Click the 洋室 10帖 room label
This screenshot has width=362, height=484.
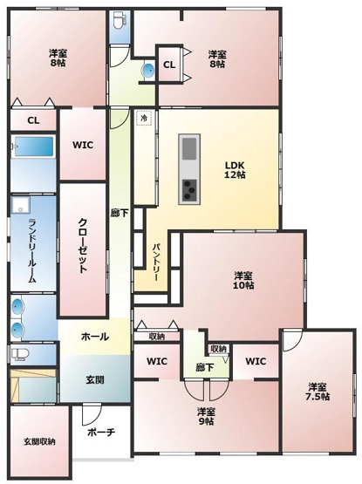[243, 280]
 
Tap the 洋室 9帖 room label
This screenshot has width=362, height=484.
[207, 416]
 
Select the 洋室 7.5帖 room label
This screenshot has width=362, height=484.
[318, 391]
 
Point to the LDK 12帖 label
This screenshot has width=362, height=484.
[235, 169]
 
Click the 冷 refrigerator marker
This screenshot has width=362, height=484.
[143, 117]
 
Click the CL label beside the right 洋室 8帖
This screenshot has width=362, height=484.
[169, 65]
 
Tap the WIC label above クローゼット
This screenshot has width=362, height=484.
[83, 146]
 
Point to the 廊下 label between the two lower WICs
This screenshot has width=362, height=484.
[206, 367]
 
